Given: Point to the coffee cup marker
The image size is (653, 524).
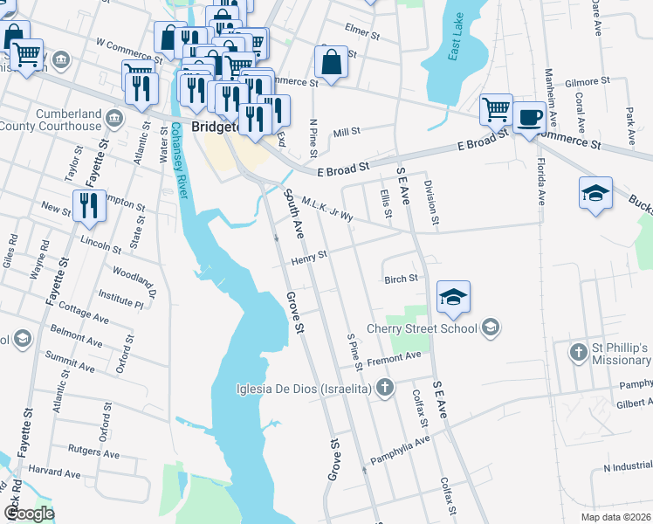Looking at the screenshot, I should coord(529,118).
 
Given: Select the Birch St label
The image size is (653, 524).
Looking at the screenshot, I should coord(402,279).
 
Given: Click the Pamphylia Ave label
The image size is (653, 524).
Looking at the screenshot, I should coord(400,445).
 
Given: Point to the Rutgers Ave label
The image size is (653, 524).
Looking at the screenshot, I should coord(93,452).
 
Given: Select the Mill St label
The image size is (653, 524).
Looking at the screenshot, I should coord(347,132).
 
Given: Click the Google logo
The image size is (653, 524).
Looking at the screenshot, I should coord(29,514).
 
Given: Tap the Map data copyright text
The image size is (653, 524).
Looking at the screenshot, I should coord(615,517).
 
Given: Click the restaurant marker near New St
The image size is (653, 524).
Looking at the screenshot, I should coord(89,206).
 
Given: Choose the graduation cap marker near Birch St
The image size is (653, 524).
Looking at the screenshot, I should coord(454,297).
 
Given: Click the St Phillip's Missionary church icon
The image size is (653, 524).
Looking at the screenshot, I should coord(578,353).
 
